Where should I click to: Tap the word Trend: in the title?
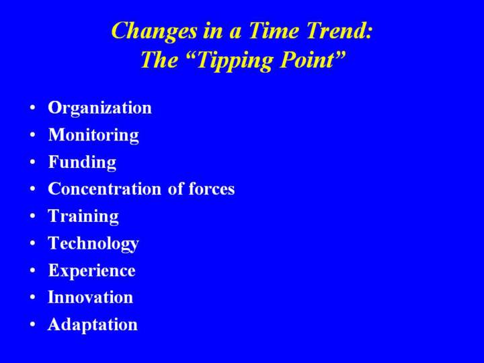[339, 31]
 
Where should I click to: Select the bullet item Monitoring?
[93, 136]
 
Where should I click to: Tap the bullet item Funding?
[82, 162]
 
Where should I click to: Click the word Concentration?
[105, 189]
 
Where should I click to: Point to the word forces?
[212, 188]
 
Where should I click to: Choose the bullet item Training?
[83, 216]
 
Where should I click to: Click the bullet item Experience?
[91, 271]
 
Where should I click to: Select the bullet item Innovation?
[91, 297]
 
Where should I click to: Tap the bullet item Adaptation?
[93, 325]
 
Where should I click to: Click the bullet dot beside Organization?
[33, 108]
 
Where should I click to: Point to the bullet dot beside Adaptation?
[33, 325]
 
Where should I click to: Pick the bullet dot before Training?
[33, 216]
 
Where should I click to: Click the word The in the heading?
[159, 60]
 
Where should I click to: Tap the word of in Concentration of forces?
[175, 188]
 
